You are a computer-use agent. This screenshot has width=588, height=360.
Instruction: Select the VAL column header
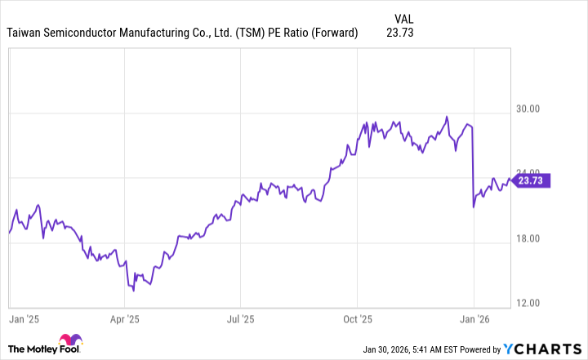[403, 17]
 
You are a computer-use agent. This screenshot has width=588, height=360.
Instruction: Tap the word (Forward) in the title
[333, 33]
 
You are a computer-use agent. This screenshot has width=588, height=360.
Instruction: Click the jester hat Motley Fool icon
[71, 344]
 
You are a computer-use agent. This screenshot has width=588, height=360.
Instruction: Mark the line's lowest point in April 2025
[132, 290]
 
